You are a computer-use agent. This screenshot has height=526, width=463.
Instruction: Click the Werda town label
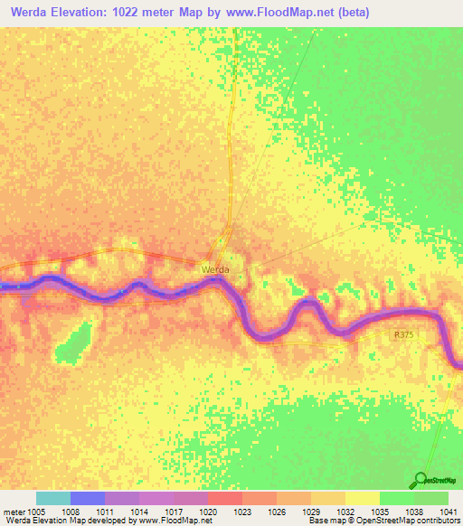[215, 269]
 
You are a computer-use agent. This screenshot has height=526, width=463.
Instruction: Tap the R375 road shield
[403, 334]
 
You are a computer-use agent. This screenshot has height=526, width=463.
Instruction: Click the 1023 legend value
[242, 512]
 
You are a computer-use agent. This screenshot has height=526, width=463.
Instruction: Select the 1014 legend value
[139, 512]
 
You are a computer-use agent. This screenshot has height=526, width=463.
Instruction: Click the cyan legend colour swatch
[52, 498]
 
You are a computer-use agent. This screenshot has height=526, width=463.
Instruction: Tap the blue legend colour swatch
[87, 498]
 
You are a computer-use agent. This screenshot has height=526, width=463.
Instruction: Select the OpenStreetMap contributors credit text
[415, 521]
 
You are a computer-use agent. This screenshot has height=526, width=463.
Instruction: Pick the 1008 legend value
[70, 512]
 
